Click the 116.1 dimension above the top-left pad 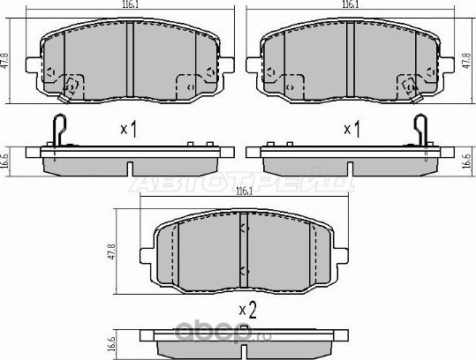[130, 5]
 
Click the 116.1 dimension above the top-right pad [351, 5]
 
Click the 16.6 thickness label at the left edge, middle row [6, 161]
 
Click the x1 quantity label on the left [130, 130]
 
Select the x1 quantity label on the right [351, 130]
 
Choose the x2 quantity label [248, 309]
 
